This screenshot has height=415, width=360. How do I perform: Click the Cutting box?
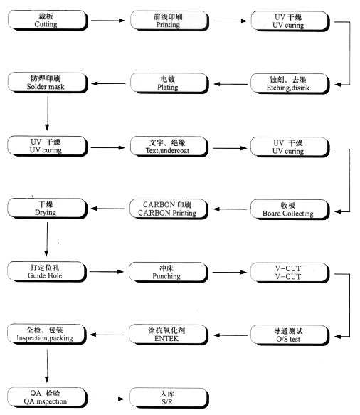point(48,20)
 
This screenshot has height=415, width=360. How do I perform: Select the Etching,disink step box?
point(290,83)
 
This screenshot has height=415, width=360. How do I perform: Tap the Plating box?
point(169,83)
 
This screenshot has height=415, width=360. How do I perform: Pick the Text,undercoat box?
point(169,147)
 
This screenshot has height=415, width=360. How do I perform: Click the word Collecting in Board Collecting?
point(297,214)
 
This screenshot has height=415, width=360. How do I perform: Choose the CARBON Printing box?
point(169,209)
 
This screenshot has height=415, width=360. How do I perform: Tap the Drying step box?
point(48,209)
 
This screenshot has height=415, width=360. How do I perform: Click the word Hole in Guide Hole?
point(55,275)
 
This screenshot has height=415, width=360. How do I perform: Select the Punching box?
point(169,272)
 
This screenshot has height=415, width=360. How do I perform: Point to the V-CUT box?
point(290,273)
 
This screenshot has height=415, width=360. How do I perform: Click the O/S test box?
point(290,335)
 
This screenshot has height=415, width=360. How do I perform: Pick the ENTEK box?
point(169,335)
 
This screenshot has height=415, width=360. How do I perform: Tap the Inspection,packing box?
point(47,334)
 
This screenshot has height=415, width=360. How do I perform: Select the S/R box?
point(169,397)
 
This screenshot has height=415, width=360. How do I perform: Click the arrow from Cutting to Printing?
point(108,21)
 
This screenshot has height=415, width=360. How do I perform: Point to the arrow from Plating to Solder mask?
point(108,83)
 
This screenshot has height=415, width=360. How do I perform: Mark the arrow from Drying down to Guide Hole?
point(46,239)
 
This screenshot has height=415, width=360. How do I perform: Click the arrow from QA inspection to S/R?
point(107,399)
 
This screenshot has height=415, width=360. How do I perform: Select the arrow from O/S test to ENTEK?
point(231,335)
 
